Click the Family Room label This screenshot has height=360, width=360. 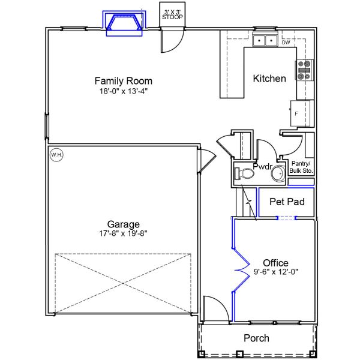(124, 80)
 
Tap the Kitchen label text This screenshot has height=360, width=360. (269, 79)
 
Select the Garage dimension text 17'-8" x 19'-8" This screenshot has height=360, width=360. (124, 233)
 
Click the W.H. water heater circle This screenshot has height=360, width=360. (56, 155)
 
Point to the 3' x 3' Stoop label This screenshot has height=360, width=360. (172, 14)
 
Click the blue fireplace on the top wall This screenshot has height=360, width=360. (124, 23)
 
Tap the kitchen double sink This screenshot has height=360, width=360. (264, 41)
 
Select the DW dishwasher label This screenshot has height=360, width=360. (286, 43)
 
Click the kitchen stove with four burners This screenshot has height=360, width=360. (304, 71)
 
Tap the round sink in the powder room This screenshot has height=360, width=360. (278, 175)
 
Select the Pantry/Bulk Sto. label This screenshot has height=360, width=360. (302, 167)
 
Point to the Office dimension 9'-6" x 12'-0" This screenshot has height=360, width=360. (275, 272)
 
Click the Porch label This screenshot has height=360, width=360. (256, 338)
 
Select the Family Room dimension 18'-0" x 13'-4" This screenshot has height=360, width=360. (124, 91)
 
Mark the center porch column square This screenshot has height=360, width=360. (239, 353)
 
